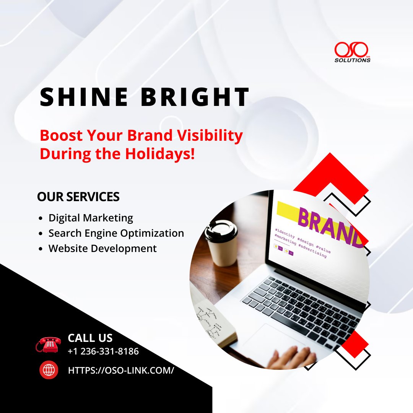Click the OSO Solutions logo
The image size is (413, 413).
352,52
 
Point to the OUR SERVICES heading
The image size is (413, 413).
78,197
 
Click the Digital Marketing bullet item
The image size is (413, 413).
91,218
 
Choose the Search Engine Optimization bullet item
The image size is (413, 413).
116,233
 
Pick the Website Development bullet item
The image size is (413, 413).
102,248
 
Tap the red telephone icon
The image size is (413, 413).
49,344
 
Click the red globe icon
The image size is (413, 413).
49,370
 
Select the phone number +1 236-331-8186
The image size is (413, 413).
103,351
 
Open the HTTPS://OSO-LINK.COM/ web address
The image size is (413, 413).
121,370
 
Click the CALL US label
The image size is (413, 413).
90,338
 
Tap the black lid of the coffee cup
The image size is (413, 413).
221,229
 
